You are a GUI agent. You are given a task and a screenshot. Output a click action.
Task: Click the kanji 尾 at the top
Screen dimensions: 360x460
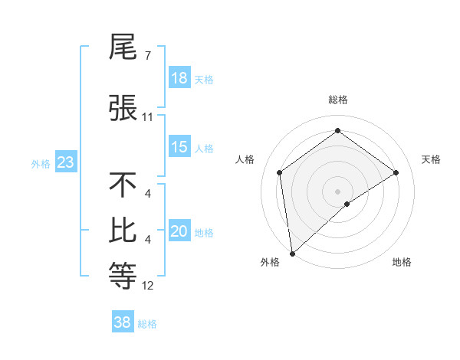tap(123, 48)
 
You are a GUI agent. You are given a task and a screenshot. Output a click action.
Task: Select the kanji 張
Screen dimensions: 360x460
tap(123, 108)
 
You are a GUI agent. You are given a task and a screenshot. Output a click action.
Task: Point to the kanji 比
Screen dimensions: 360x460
tap(123, 231)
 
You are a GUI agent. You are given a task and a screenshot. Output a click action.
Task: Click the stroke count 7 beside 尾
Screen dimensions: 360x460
tap(147, 56)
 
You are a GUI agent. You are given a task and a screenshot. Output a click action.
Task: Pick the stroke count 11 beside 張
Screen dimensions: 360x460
tap(148, 117)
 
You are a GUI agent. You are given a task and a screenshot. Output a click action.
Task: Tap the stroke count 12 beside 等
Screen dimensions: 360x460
tap(148, 286)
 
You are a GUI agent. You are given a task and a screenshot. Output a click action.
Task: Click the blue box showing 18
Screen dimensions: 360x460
tap(179, 78)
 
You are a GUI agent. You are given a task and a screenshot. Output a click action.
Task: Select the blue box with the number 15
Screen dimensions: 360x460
tap(179, 148)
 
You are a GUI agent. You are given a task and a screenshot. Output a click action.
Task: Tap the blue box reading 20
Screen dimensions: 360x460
tap(179, 232)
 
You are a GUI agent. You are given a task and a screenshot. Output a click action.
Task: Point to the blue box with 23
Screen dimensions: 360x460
tap(65, 162)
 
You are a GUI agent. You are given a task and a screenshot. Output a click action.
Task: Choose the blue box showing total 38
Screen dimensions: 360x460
tap(123, 322)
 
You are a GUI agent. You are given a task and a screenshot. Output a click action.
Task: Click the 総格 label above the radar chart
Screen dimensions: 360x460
tap(337, 100)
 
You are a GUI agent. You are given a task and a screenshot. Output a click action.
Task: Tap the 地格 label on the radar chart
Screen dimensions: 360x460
tap(402, 263)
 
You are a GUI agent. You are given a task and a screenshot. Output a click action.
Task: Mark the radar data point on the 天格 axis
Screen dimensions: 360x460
tap(396, 172)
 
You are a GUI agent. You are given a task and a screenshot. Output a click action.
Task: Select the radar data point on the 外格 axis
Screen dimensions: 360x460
tap(292, 253)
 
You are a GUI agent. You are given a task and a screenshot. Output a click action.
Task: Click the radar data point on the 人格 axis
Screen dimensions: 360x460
tap(280, 172)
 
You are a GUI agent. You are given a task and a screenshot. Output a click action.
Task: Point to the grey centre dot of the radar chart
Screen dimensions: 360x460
tap(338, 191)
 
